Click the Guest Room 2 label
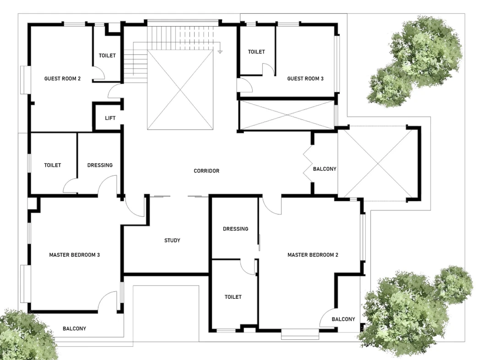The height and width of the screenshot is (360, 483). click(x=63, y=79)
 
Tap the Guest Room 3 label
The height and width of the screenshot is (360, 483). click(x=305, y=79)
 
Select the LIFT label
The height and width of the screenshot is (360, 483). click(x=110, y=118)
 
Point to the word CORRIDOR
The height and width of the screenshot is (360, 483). click(x=206, y=171)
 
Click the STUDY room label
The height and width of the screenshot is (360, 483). click(x=172, y=240)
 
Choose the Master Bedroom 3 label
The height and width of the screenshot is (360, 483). click(x=75, y=255)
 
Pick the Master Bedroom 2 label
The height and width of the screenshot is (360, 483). click(x=313, y=255)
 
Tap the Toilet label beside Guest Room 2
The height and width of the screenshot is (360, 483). click(x=107, y=55)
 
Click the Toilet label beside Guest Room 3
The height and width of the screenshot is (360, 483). click(x=256, y=52)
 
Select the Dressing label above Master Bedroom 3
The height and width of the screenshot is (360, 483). click(x=100, y=165)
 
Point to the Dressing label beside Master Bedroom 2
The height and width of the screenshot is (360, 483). click(x=236, y=229)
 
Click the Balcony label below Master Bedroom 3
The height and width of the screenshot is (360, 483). click(x=74, y=328)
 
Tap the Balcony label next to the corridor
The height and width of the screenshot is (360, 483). click(x=325, y=169)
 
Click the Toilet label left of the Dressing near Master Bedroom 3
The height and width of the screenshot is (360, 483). click(x=52, y=165)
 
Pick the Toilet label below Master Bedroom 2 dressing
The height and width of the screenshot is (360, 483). click(x=233, y=297)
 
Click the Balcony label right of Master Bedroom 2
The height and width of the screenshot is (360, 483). click(x=343, y=319)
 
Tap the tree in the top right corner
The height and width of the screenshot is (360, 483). click(x=414, y=62)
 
